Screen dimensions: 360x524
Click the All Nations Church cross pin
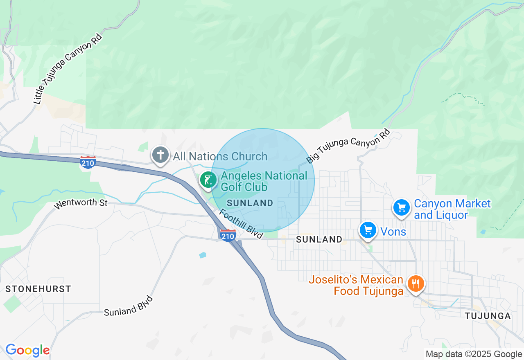(x=160, y=155)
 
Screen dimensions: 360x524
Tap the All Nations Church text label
(x=220, y=156)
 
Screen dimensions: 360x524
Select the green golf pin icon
(x=208, y=180)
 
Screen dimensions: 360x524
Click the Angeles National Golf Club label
(x=264, y=181)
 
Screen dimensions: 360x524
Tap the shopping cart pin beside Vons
(x=368, y=230)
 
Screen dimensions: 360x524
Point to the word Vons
(x=393, y=232)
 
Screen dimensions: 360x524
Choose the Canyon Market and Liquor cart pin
(x=402, y=208)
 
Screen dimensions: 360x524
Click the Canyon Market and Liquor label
(x=452, y=209)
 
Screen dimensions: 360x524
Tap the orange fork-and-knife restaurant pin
(x=416, y=283)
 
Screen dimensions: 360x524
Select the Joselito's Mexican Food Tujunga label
(x=356, y=286)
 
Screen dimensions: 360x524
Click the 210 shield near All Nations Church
(x=88, y=162)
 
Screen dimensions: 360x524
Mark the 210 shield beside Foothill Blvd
(x=228, y=235)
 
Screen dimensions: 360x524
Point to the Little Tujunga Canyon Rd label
(x=67, y=69)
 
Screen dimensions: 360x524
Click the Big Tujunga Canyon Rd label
(x=348, y=146)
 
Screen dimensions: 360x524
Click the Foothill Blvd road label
(x=241, y=224)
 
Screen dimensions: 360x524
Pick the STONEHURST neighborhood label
(x=38, y=289)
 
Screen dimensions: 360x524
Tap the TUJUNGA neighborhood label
(x=488, y=316)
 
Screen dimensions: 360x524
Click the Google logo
(x=27, y=350)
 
